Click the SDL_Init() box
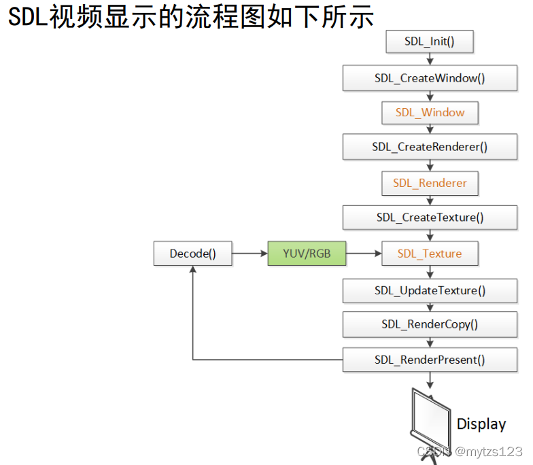coord(429,41)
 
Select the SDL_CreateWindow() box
coord(430,78)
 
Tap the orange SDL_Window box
coord(430,113)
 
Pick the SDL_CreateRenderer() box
coord(430,147)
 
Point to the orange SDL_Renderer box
coord(430,184)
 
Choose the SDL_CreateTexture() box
coord(430,218)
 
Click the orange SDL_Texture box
coord(430,254)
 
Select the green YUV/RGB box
coord(307,254)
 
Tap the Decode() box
coord(192,254)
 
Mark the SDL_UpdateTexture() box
coord(430,290)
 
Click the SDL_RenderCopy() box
coord(430,324)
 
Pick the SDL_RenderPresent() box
coord(430,360)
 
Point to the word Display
coord(481,424)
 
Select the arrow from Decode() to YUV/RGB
coord(250,254)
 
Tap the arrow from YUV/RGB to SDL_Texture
coord(364,254)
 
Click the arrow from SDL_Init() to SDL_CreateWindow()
coord(430,59)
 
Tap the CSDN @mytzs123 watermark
coord(469,451)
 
